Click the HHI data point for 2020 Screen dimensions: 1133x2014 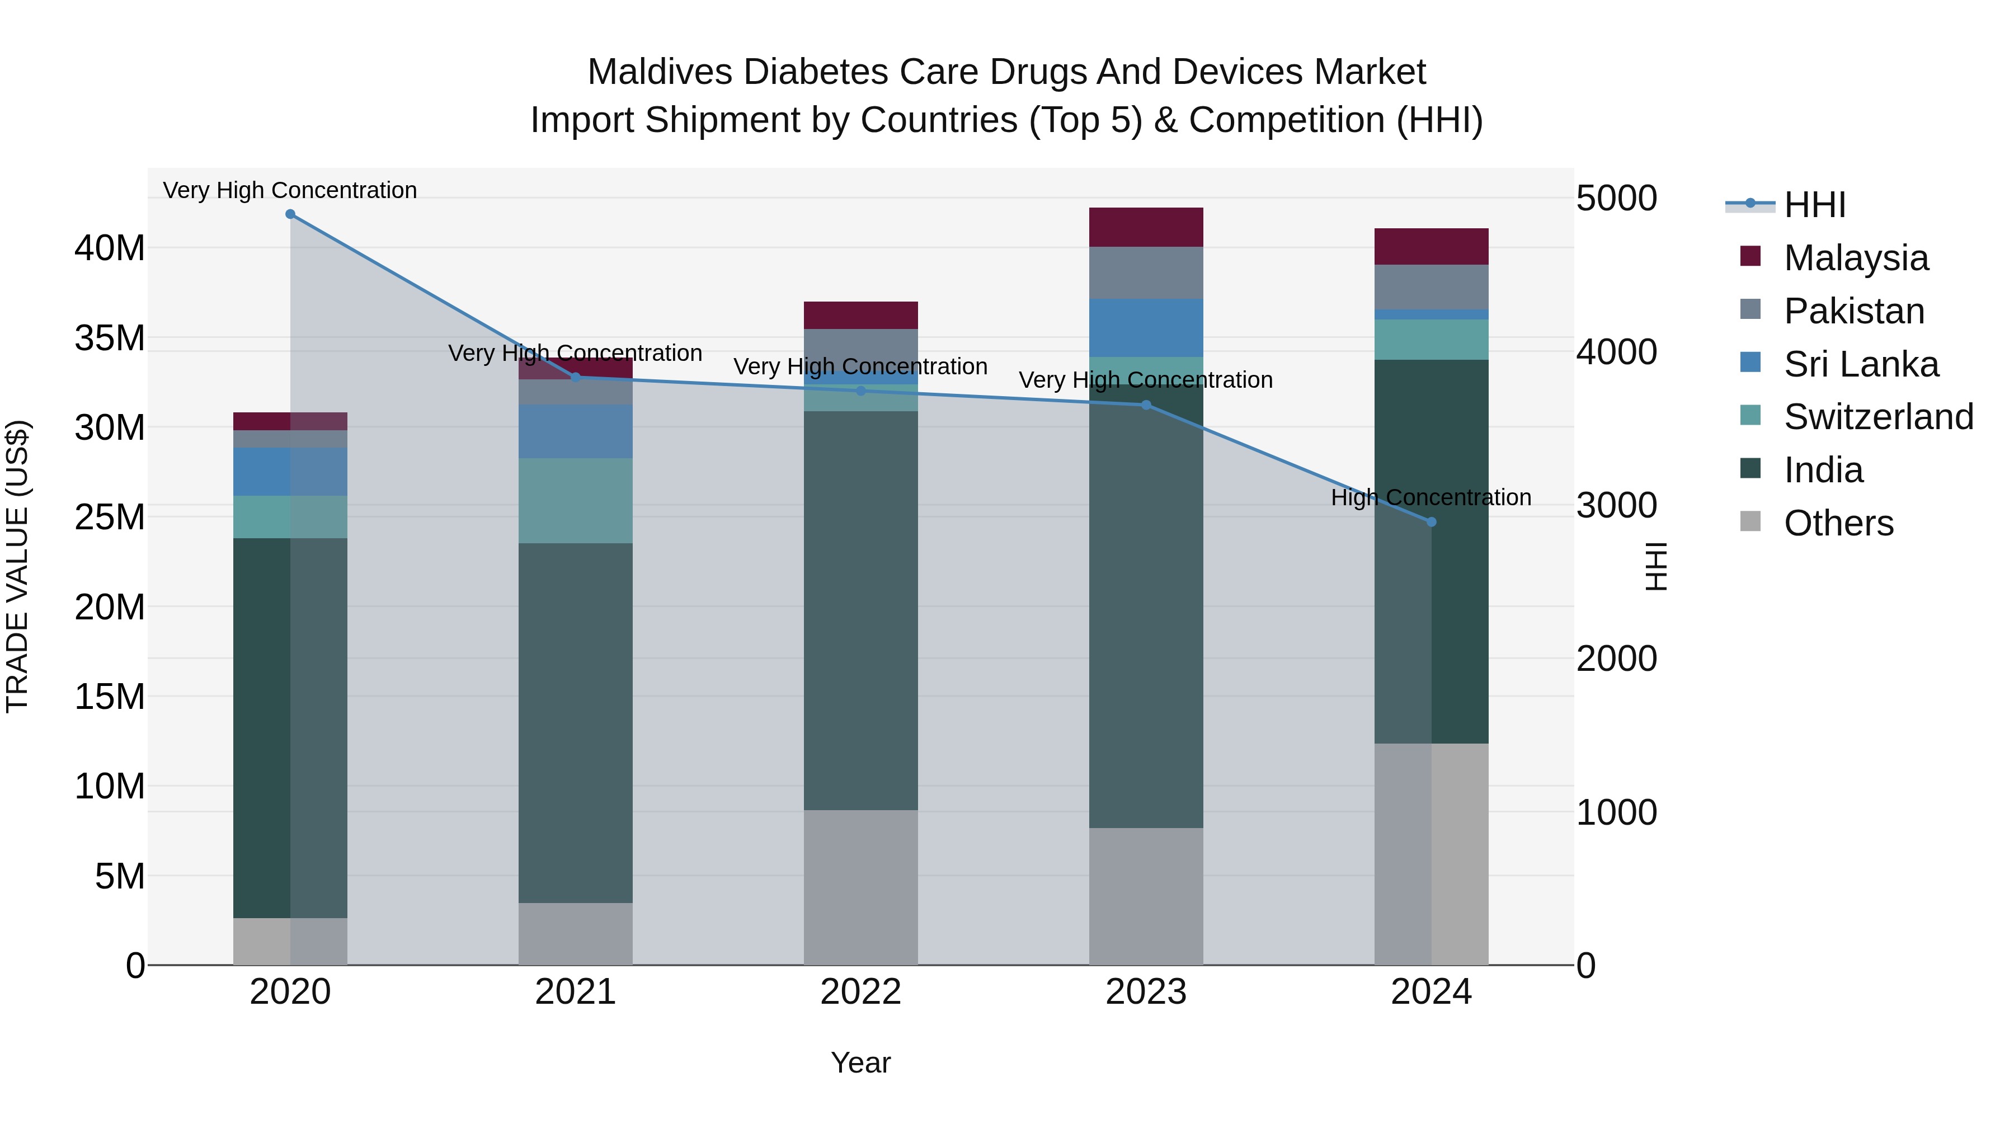point(290,214)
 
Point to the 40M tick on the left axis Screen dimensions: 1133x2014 point(110,248)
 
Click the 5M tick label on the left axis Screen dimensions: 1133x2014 point(120,877)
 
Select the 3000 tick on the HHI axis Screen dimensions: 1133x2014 point(1615,505)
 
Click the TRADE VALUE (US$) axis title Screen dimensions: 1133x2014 point(17,566)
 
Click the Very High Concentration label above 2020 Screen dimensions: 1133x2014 point(290,190)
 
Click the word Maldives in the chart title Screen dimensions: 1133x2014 point(659,72)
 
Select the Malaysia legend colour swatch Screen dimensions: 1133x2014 point(1750,256)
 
